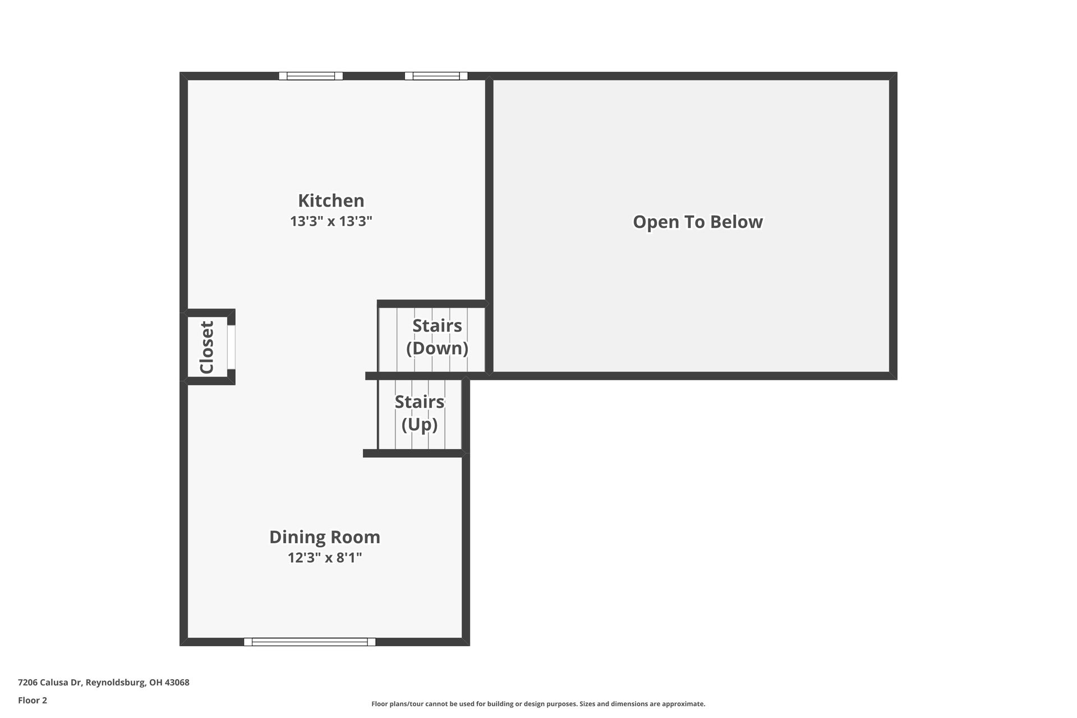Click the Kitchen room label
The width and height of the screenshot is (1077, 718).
coord(331,200)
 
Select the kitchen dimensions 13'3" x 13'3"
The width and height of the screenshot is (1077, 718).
coord(331,221)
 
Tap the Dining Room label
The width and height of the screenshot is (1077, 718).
coord(325,537)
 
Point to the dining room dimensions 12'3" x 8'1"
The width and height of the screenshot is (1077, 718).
coord(325,558)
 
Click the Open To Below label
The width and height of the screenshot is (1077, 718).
coord(698,222)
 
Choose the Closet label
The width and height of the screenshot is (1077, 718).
coord(207,347)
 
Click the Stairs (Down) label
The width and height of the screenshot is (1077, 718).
coord(437,337)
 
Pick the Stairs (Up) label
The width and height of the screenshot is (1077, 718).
coord(420,413)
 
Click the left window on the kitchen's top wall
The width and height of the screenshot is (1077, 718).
coord(311,76)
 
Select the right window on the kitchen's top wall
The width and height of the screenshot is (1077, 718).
coord(436,76)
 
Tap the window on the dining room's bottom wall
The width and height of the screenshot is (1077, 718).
coord(310,642)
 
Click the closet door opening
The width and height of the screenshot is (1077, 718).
coord(231,347)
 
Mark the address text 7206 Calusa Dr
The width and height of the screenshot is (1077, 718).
coord(50,683)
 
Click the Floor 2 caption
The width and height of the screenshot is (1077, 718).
coord(33,700)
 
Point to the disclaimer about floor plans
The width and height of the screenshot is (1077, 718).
coord(538,704)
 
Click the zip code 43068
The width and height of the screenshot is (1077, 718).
coord(177,683)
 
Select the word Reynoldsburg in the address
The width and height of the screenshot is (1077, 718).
coord(116,683)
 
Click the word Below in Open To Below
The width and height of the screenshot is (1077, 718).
coord(737,222)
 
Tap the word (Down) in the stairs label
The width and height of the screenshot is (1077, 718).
coord(437,348)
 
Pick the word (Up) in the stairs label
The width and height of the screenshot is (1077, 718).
coord(420,425)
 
